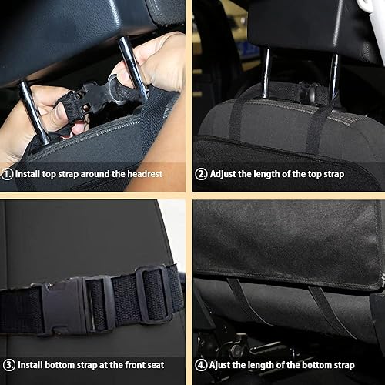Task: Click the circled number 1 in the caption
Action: point(8,175)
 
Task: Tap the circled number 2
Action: point(200,175)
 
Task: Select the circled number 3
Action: point(8,364)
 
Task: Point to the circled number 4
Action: point(200,364)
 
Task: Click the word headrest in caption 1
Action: point(143,175)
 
